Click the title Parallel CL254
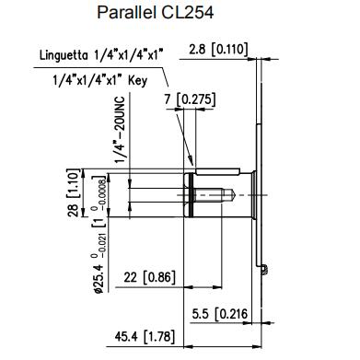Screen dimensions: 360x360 [155, 13]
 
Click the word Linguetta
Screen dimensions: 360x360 [64, 55]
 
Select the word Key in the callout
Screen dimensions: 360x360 [138, 81]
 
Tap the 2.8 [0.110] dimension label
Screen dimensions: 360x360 [218, 50]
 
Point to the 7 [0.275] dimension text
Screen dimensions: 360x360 [191, 99]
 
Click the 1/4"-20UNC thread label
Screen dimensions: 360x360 [121, 130]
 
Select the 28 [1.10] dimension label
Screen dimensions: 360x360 [74, 192]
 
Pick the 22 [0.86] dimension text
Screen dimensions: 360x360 [150, 277]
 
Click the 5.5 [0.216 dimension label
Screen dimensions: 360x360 [220, 314]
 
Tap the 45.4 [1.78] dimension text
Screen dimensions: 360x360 [145, 336]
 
